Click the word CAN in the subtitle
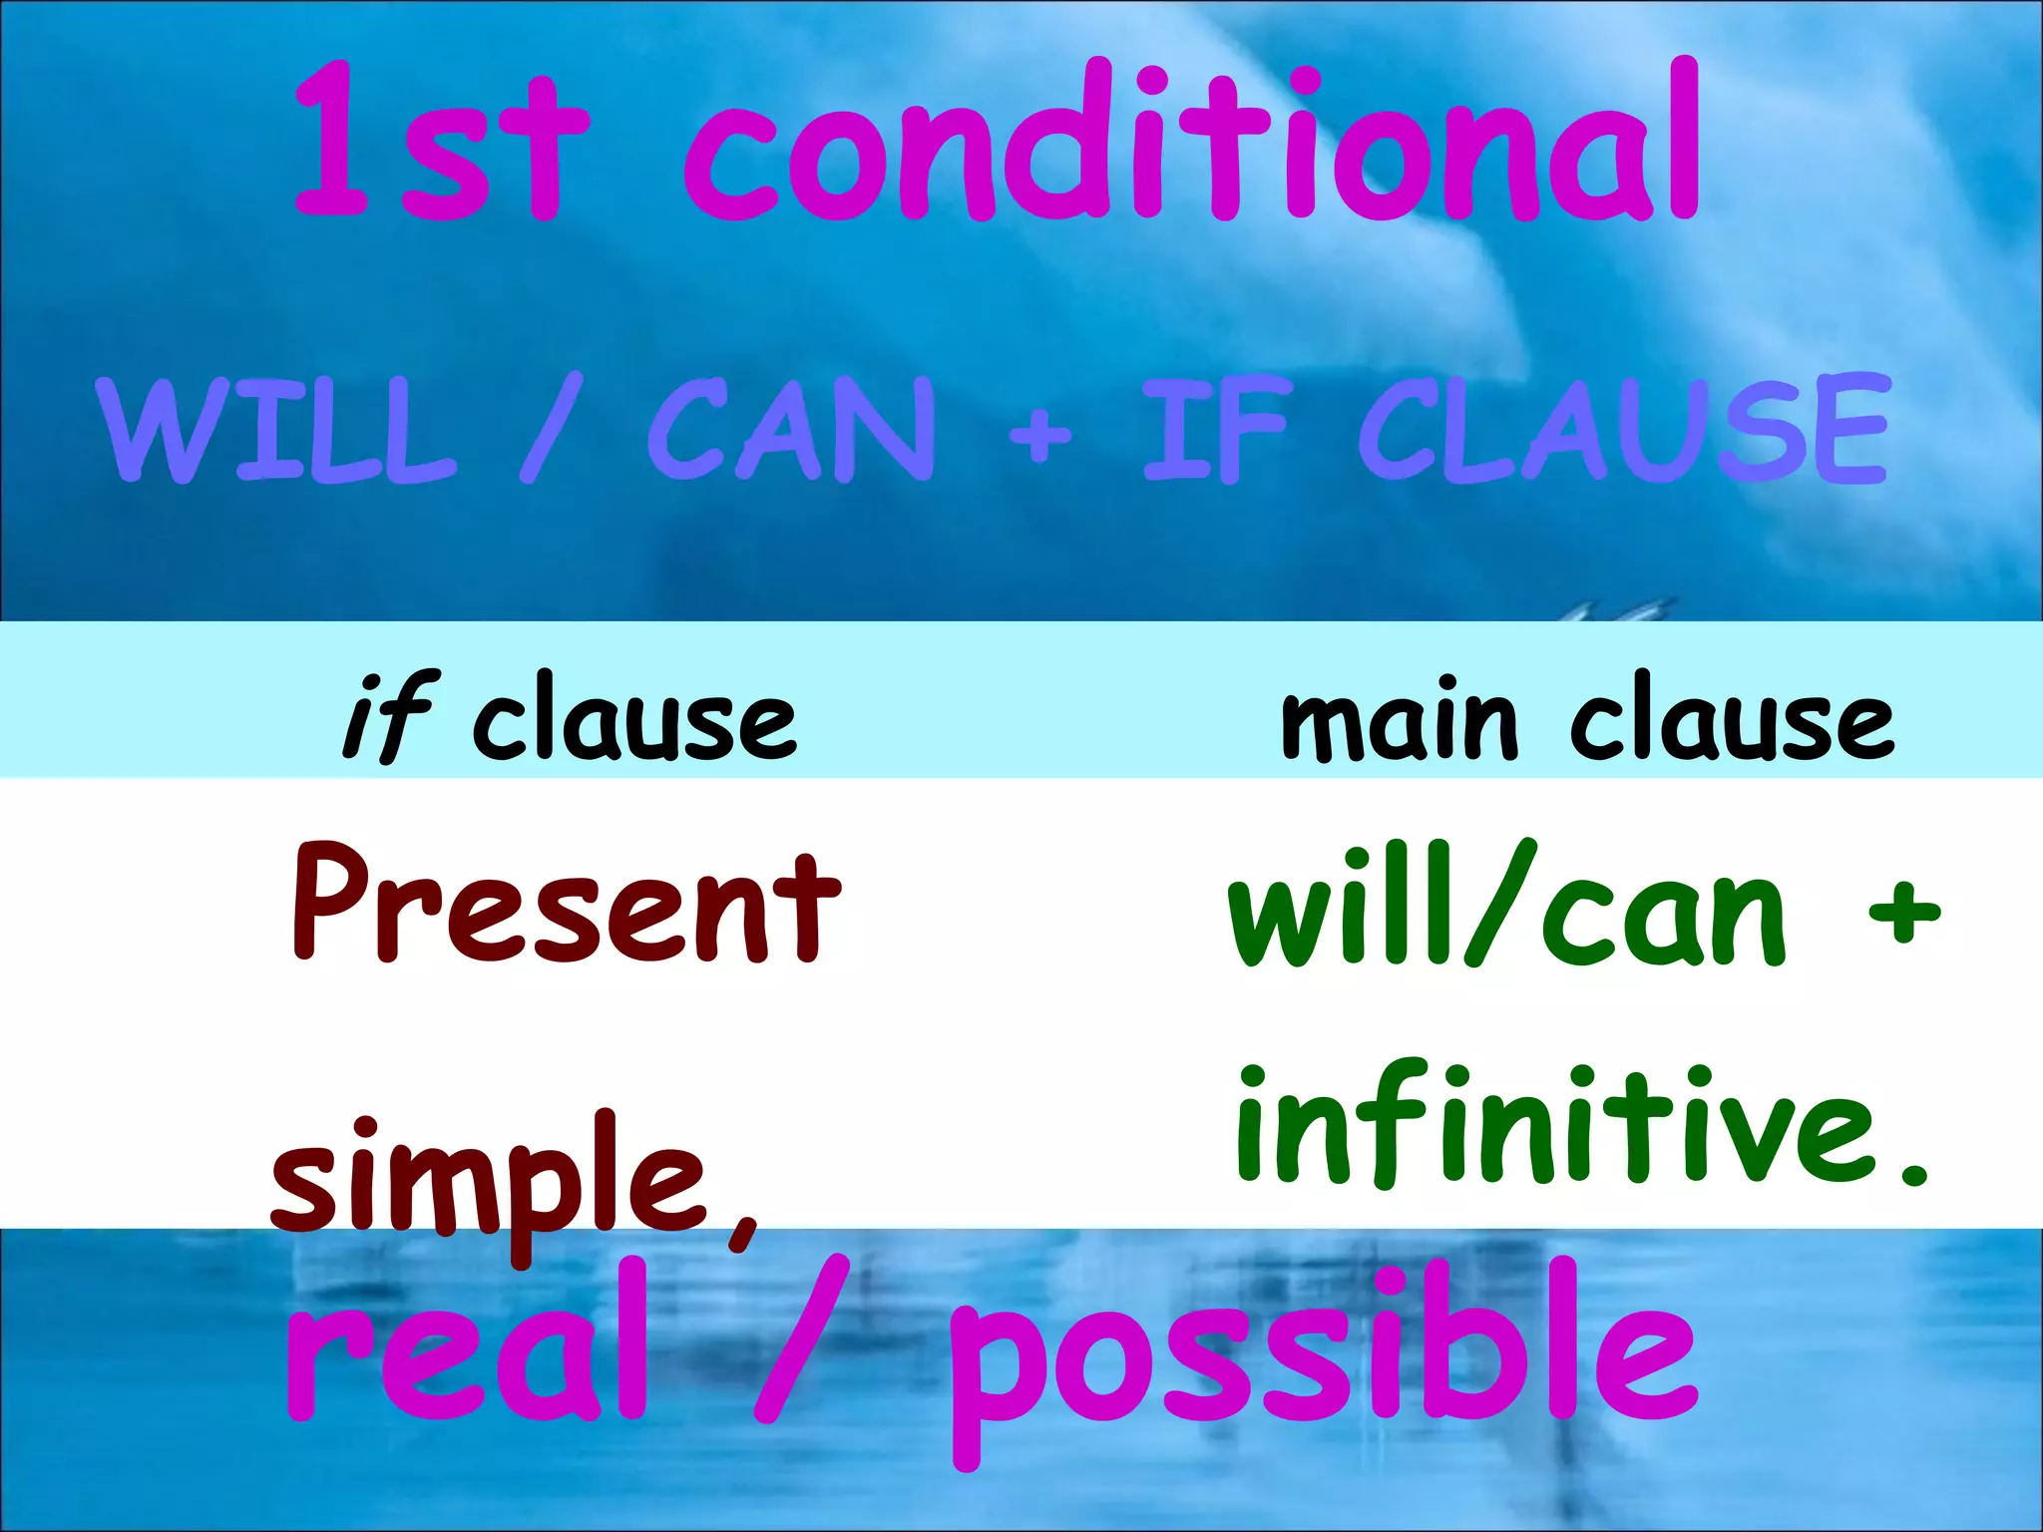pyautogui.click(x=793, y=431)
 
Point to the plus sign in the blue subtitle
pyautogui.click(x=1039, y=435)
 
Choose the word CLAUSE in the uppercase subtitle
pyautogui.click(x=1623, y=431)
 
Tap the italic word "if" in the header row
pyautogui.click(x=389, y=716)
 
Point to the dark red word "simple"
pyautogui.click(x=489, y=1182)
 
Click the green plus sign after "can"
pyautogui.click(x=1903, y=912)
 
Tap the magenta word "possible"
pyautogui.click(x=1322, y=1361)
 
